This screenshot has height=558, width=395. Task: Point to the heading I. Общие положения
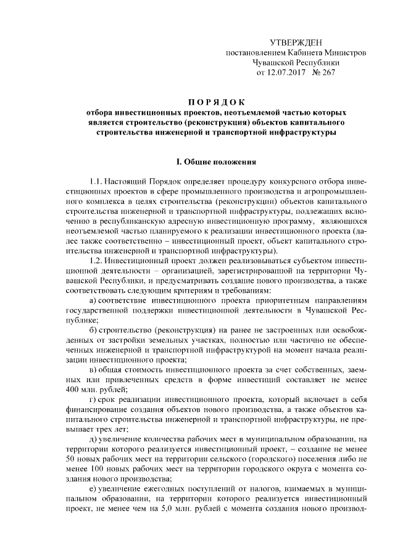click(x=216, y=162)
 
